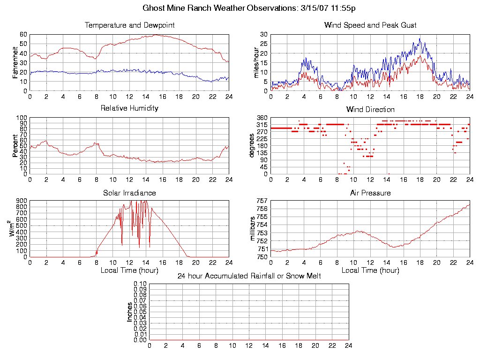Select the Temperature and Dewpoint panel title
[129, 25]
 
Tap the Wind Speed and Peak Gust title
[370, 25]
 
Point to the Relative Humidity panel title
[129, 108]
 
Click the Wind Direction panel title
[370, 109]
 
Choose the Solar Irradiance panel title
[129, 193]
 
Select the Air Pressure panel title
[370, 193]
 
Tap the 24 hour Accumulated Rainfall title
[249, 276]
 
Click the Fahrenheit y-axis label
[15, 62]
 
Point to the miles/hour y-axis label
[256, 62]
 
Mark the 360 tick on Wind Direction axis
[262, 118]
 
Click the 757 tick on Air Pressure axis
[262, 201]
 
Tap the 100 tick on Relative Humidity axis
[22, 118]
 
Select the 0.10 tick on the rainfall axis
[140, 284]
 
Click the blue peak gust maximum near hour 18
[420, 39]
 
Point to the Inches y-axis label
[130, 312]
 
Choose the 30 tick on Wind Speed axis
[263, 34]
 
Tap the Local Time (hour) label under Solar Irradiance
[129, 270]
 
